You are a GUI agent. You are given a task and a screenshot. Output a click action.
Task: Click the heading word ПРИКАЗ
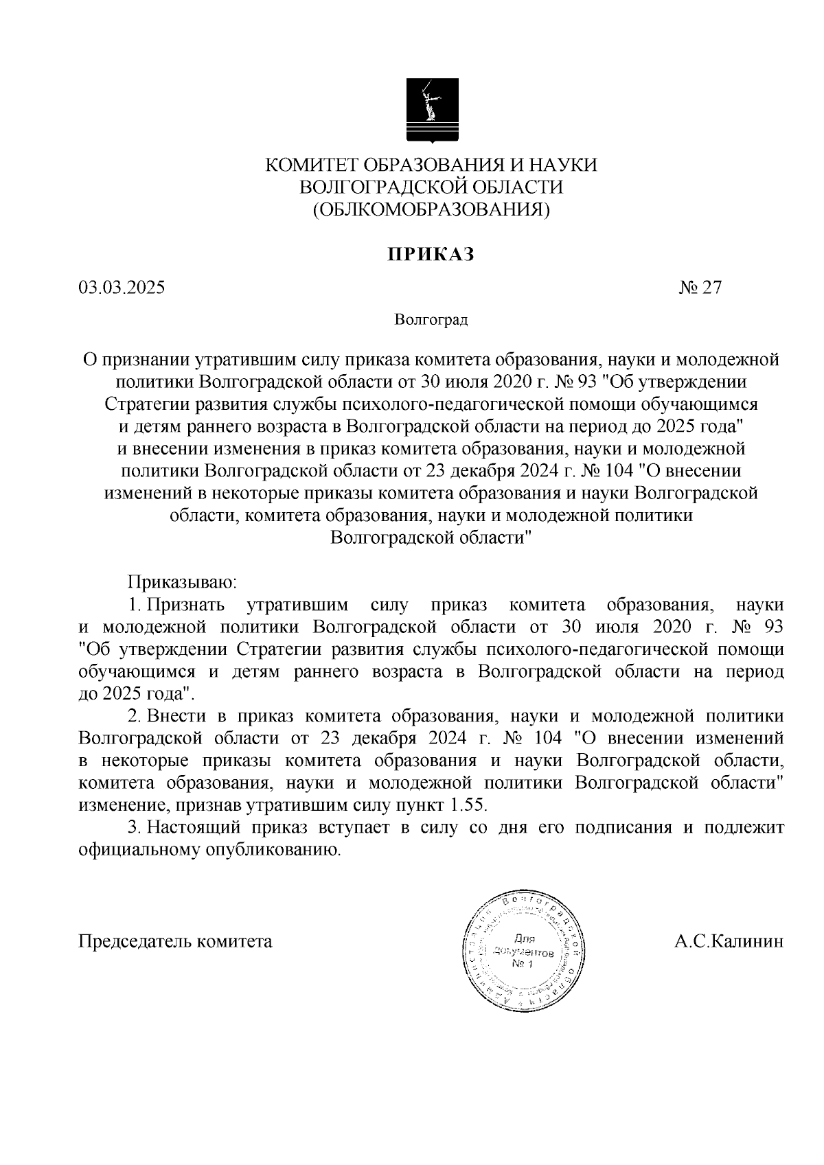point(431,255)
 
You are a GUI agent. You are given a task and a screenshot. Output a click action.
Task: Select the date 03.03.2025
point(122,288)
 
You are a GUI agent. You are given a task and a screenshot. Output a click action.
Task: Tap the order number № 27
point(701,288)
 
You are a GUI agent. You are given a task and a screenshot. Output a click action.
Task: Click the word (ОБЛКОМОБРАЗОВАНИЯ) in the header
point(431,209)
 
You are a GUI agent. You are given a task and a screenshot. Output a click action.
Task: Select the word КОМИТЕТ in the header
point(312,165)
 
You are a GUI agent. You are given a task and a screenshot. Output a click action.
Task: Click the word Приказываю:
point(182,583)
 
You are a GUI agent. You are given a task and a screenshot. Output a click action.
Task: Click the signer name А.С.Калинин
point(729,941)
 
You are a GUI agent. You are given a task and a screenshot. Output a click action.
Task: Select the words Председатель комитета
point(176,941)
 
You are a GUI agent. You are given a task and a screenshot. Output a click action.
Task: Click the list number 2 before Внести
point(134,716)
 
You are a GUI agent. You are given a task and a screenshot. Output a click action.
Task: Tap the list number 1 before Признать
point(134,605)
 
